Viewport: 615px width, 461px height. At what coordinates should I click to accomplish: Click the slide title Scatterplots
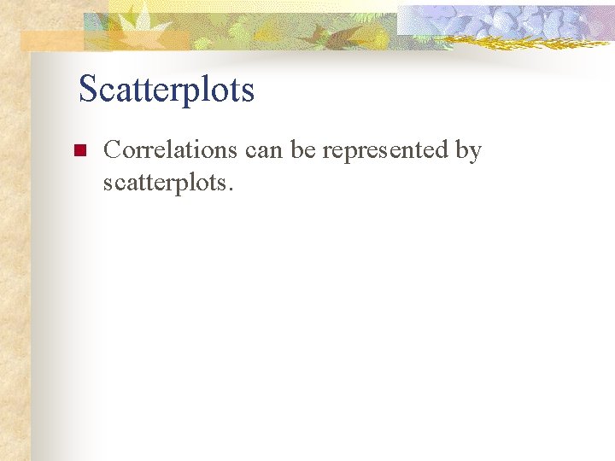click(167, 90)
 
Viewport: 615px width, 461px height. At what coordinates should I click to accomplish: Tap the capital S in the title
click(87, 89)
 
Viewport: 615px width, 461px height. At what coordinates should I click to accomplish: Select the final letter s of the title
click(248, 91)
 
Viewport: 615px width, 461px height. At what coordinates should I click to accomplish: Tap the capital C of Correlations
click(112, 150)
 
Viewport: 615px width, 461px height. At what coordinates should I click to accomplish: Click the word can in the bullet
click(263, 151)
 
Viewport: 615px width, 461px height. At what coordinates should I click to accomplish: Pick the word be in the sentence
click(302, 150)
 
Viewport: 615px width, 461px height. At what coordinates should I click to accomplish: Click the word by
click(468, 152)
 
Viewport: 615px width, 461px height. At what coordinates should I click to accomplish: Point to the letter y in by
click(476, 154)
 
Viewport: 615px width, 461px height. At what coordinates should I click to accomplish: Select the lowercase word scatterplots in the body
click(161, 183)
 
